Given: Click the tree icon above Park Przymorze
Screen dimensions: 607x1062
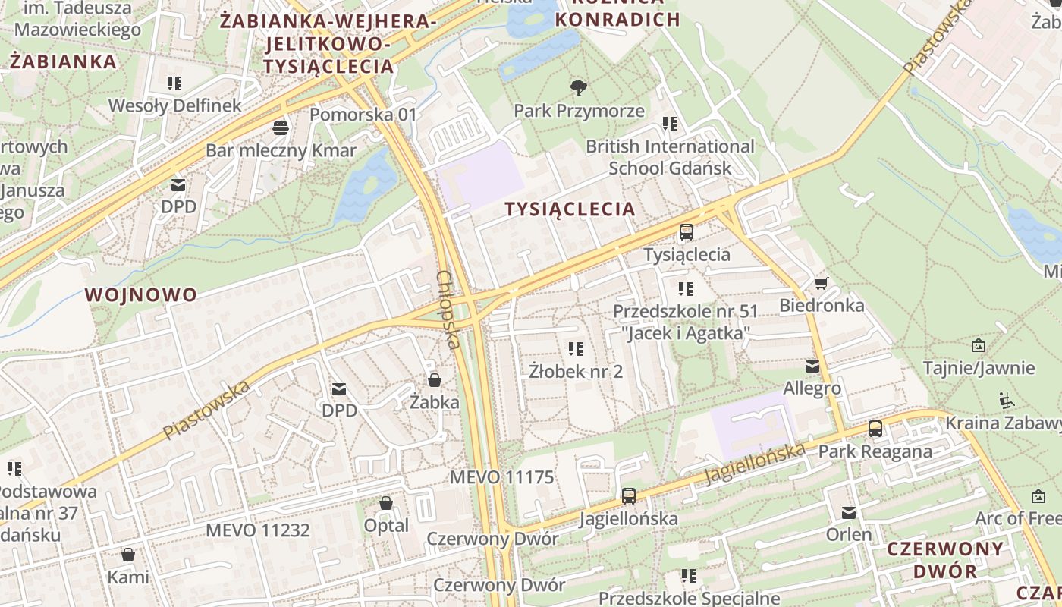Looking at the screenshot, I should (x=579, y=88).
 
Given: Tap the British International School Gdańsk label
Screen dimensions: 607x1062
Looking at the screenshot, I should (x=670, y=157).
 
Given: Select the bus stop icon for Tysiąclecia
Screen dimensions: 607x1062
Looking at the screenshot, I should (x=687, y=232).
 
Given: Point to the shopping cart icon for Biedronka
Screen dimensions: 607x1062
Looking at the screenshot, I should (x=820, y=284).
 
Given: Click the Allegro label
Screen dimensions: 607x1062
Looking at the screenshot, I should (x=812, y=388).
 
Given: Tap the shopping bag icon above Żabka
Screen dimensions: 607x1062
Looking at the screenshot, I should (x=435, y=379).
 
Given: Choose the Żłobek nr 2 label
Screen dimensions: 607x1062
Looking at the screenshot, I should (x=576, y=371).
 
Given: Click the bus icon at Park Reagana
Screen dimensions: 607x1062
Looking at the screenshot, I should (x=875, y=429).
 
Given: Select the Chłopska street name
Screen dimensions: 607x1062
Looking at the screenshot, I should (x=448, y=310).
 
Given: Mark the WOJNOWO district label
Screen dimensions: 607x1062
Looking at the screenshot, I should (x=141, y=294).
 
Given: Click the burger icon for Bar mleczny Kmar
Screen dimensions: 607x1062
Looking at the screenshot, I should (x=281, y=127).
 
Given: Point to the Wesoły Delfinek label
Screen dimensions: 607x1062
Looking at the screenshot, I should (x=174, y=105).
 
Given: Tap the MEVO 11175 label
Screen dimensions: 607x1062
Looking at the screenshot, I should (x=501, y=477).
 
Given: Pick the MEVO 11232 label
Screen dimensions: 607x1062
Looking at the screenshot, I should (x=258, y=530).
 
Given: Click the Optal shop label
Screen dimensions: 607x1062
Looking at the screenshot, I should (x=386, y=525).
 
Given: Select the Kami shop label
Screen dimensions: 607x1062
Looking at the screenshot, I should (x=128, y=577).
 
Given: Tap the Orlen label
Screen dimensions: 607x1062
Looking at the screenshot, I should (x=849, y=534).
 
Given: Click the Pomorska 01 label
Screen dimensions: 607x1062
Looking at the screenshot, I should (x=363, y=115).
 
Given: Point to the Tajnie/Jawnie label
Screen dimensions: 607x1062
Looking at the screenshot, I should (x=979, y=368).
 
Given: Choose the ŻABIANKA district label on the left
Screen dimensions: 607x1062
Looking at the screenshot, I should (x=64, y=61).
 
